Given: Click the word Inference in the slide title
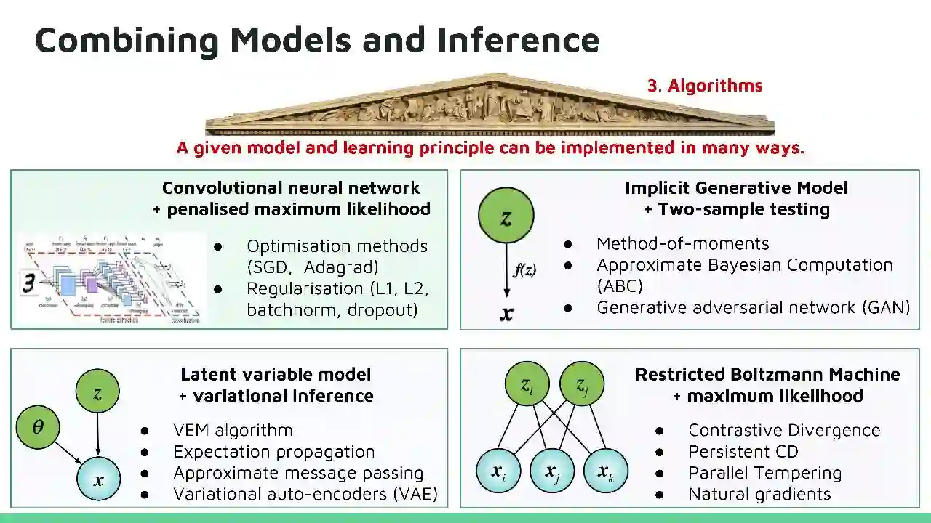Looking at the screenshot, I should tap(518, 41).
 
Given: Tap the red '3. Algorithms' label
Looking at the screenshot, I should tap(705, 86).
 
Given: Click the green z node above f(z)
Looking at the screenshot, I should tap(506, 216).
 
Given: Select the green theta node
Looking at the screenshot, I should tap(38, 426).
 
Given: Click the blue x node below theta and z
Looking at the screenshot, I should tap(98, 479).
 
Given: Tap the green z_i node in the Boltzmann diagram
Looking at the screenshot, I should tap(527, 386).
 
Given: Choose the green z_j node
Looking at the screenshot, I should tap(582, 386).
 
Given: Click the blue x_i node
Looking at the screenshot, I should tap(498, 472).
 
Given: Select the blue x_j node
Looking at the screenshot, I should tap(552, 472).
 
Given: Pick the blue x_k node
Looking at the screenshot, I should tap(606, 472).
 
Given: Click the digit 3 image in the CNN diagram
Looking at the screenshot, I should tap(28, 282).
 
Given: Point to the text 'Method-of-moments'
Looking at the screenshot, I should tap(682, 243).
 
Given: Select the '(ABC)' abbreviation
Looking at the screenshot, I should tap(620, 285).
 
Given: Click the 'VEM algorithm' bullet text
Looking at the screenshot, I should tap(233, 430).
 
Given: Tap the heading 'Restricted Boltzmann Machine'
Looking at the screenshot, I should tap(767, 375).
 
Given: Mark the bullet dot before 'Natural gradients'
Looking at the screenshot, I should tap(659, 495).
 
